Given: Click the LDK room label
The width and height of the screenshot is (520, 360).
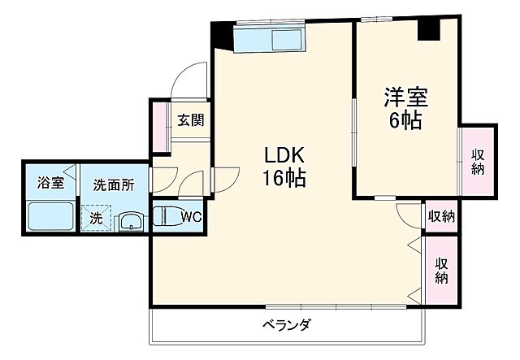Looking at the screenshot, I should pos(283,155).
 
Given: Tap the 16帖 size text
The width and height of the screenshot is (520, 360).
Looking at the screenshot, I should pos(283,178).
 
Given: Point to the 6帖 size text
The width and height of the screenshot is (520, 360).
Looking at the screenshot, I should pos(406,121).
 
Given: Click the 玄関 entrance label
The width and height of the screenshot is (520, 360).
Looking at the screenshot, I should pos(191,120).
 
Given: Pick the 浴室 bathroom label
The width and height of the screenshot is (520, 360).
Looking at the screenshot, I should pos(51,184).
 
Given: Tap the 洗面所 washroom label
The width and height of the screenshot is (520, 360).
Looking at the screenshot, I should pos(113,184).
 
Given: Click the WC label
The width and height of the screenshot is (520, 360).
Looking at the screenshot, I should pos(192,216).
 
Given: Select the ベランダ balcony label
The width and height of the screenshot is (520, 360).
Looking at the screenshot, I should pos(286,326).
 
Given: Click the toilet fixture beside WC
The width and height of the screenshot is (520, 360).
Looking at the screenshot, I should pos(165,217).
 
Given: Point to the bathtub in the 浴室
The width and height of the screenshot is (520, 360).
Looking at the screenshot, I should pos(50,216).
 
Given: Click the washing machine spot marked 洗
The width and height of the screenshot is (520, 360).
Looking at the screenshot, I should pos(97,218).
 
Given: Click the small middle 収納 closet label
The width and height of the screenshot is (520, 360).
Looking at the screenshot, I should pos(441,216).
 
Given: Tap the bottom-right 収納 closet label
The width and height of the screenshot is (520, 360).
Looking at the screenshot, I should pos(441,271).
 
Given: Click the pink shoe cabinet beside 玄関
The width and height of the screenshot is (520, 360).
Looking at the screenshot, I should pos(159,127).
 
